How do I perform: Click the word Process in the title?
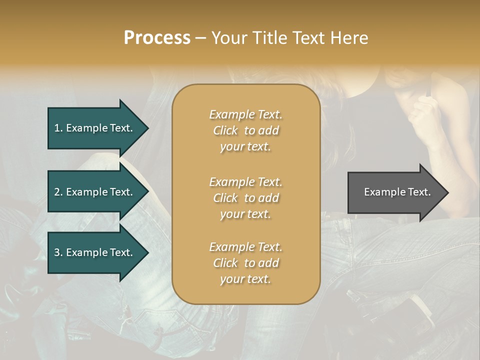(x=157, y=38)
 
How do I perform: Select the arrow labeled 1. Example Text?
(x=98, y=128)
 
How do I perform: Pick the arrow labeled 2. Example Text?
(x=98, y=191)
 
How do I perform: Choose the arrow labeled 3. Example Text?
(x=98, y=252)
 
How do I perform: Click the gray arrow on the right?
(x=398, y=192)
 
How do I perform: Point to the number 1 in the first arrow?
(x=57, y=128)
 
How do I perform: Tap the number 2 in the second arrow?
(x=57, y=192)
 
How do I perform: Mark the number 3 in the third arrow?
(x=57, y=252)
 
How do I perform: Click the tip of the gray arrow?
(x=449, y=192)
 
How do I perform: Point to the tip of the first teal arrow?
(x=149, y=128)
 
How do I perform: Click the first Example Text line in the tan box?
(x=246, y=114)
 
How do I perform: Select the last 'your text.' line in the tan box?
(x=245, y=279)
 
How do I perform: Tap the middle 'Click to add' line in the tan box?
(x=246, y=198)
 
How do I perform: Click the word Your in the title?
(x=229, y=38)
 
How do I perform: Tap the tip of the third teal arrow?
(x=149, y=252)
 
